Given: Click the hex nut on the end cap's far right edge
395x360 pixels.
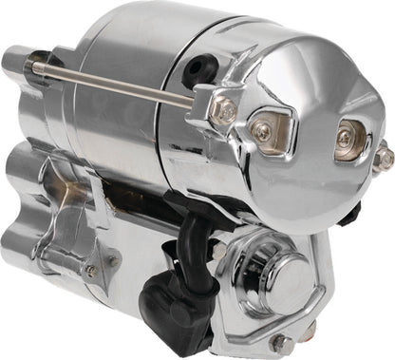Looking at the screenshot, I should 383,157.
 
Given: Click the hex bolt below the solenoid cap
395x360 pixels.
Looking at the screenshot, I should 281,341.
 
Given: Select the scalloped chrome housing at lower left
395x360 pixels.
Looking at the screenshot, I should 57,237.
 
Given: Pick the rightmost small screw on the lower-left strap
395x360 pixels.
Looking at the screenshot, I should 112,260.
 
